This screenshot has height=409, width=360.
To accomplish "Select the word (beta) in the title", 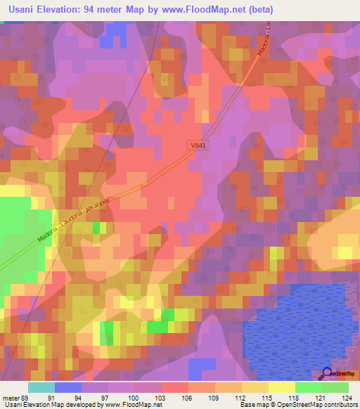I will [x=257, y=10].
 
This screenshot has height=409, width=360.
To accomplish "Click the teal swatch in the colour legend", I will [x=41, y=387].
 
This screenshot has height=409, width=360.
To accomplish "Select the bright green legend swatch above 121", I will [x=308, y=387].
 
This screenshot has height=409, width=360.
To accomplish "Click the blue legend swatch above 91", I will [x=68, y=387].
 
